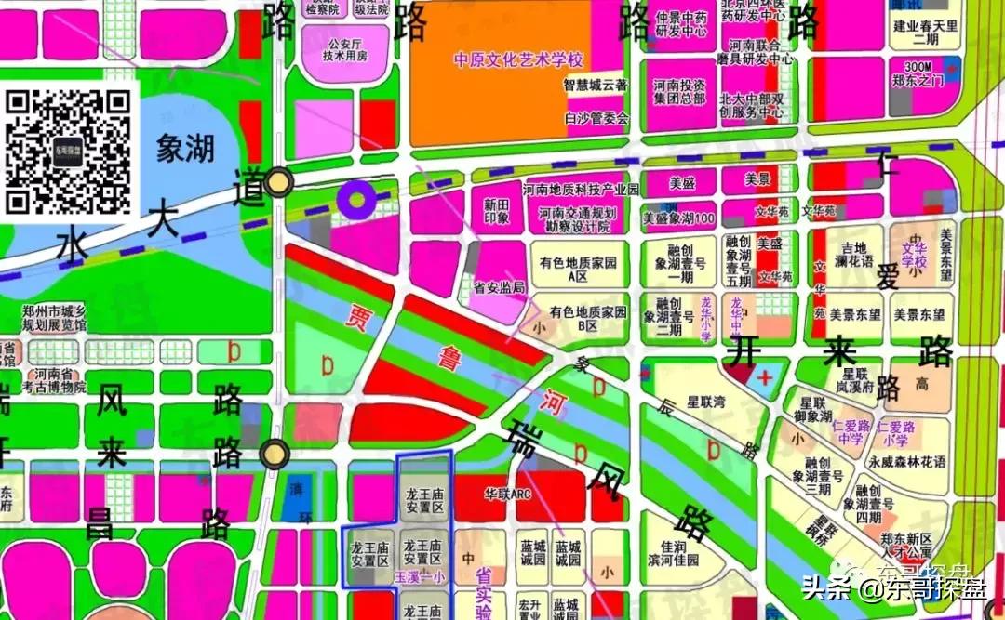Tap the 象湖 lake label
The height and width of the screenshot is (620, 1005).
(185, 148)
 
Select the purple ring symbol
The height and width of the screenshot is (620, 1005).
(355, 197)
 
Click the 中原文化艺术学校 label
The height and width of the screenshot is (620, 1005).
(517, 60)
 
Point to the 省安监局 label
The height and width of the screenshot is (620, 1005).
(500, 288)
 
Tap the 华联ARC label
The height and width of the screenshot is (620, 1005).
(508, 493)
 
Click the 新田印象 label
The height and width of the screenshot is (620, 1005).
(497, 211)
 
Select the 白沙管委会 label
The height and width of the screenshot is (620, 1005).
(596, 118)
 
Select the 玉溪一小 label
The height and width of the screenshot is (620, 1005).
(421, 576)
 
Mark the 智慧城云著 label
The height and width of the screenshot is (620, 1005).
(596, 85)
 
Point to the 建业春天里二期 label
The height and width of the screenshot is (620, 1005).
(925, 33)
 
